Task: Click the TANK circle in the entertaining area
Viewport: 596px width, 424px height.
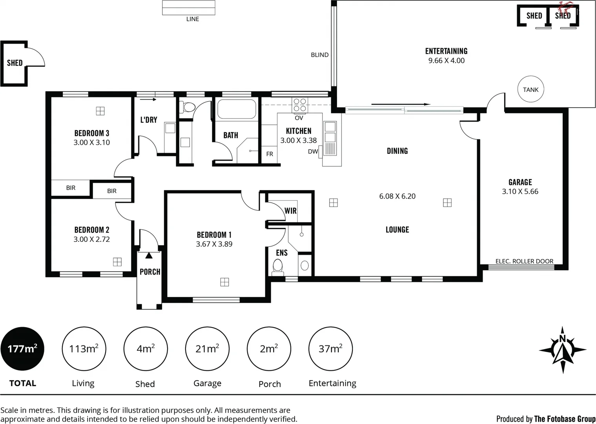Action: [530, 90]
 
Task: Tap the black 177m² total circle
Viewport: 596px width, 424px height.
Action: [22, 349]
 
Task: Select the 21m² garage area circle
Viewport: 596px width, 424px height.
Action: [207, 349]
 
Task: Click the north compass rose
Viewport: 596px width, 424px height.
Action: [563, 349]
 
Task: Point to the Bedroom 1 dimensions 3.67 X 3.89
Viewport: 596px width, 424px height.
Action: [214, 244]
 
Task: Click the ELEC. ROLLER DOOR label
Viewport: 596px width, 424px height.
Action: [524, 261]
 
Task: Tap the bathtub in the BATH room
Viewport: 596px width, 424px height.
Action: [237, 109]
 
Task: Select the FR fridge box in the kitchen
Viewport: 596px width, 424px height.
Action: [270, 154]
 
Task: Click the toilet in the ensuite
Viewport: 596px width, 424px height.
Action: [278, 267]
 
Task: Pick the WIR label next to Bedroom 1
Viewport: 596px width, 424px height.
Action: [290, 211]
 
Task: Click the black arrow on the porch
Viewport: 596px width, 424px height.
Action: [149, 256]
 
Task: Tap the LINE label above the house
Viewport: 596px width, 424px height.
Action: [192, 19]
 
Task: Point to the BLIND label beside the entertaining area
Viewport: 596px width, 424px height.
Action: [319, 55]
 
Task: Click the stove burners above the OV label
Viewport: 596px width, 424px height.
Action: [300, 105]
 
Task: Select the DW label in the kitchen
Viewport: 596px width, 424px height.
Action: [313, 152]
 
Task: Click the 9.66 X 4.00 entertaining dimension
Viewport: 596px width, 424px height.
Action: [446, 61]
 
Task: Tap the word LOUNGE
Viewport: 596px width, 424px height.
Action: [397, 230]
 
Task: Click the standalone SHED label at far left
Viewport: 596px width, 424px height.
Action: [15, 63]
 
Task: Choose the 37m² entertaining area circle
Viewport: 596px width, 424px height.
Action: [330, 349]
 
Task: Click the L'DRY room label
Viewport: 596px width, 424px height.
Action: [149, 120]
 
